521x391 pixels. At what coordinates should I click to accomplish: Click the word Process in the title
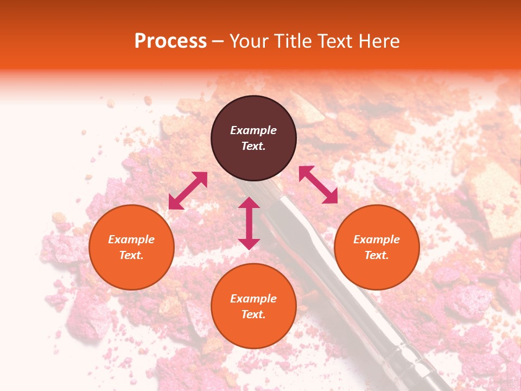click(x=170, y=41)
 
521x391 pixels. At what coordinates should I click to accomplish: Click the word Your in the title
click(x=250, y=41)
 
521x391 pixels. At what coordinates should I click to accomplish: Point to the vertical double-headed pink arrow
click(x=249, y=223)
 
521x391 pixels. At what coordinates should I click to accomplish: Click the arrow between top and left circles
click(x=188, y=191)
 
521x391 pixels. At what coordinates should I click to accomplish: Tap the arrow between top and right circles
click(x=318, y=185)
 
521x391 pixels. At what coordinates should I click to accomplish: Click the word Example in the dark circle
click(x=253, y=130)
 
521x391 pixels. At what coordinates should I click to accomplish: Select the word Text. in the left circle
click(x=131, y=255)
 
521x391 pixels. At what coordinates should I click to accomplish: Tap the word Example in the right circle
click(x=377, y=239)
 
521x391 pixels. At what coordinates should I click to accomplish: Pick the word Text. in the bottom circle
click(x=253, y=314)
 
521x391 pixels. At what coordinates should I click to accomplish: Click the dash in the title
click(x=218, y=41)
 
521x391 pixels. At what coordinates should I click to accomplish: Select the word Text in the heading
click(x=334, y=41)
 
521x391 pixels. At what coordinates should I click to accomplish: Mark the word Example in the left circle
click(x=131, y=239)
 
